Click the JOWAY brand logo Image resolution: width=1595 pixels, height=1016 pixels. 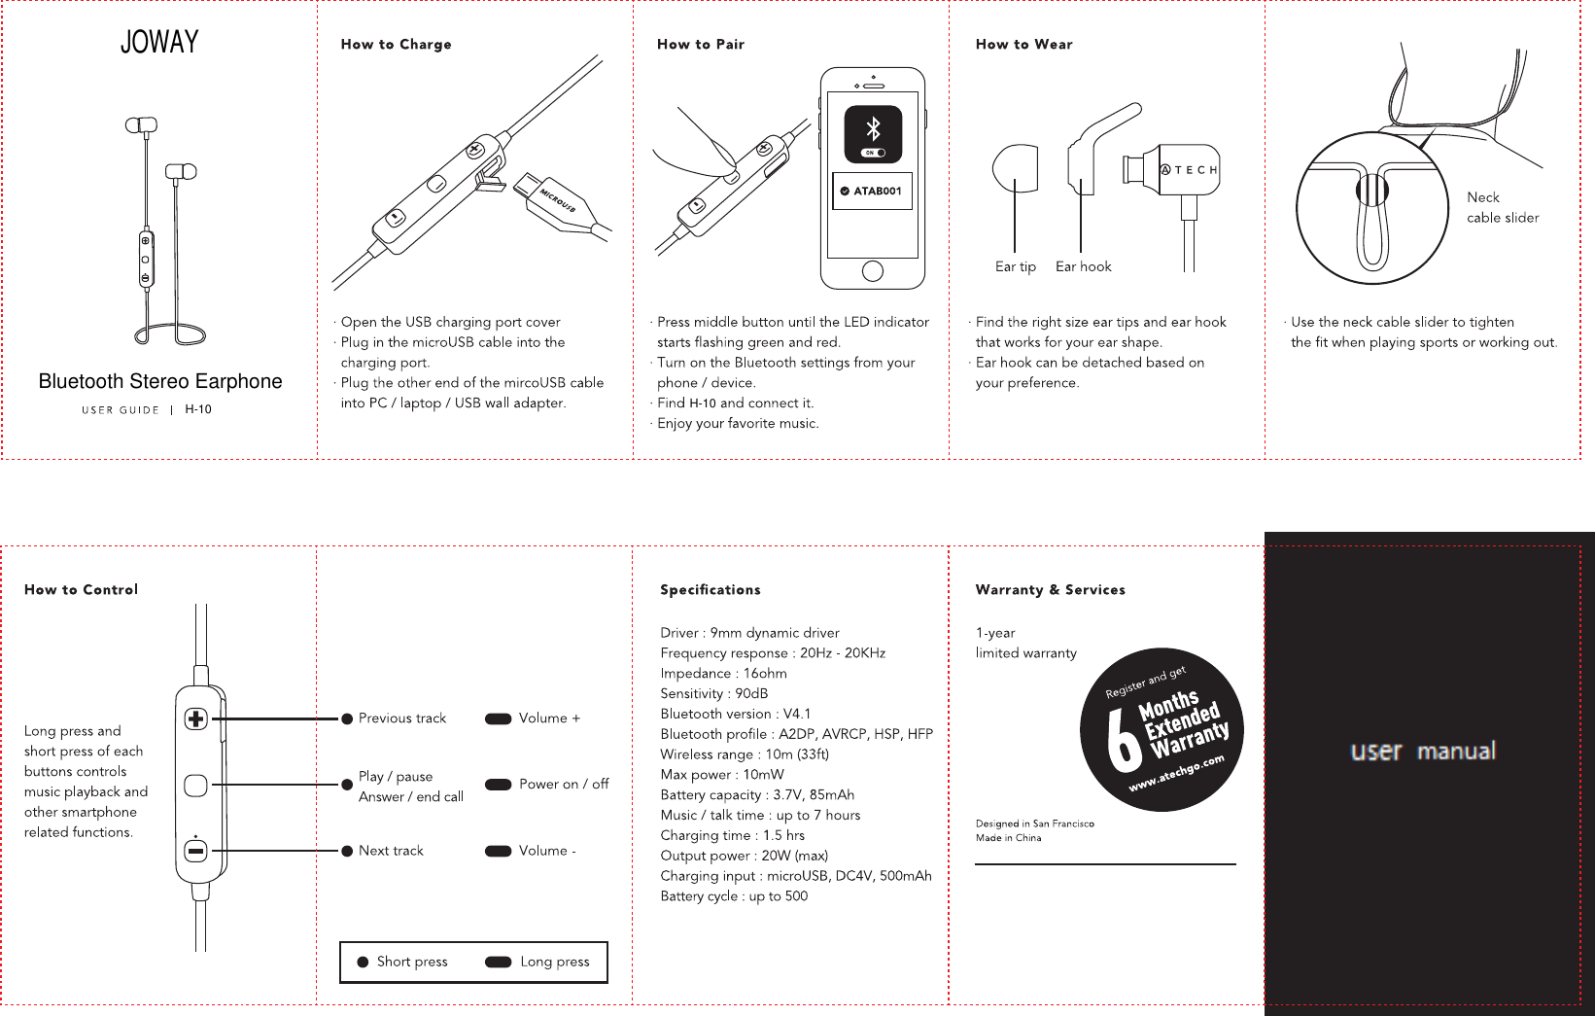(x=159, y=42)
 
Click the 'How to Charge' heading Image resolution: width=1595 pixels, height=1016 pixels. (x=396, y=45)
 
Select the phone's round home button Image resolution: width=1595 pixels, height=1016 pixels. (x=873, y=271)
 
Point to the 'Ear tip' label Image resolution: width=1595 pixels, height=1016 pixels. (x=1015, y=266)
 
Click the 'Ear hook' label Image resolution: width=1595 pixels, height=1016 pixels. (x=1083, y=266)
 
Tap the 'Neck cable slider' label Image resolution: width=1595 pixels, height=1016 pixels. (x=1502, y=207)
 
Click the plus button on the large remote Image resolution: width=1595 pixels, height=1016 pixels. (x=195, y=719)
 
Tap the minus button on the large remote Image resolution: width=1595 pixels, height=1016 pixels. (x=195, y=851)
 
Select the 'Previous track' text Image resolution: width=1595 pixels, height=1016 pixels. (x=401, y=718)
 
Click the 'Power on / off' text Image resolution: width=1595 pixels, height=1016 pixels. (x=564, y=785)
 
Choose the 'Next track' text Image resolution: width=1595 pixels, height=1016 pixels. (x=391, y=851)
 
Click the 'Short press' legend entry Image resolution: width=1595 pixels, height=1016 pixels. (x=411, y=962)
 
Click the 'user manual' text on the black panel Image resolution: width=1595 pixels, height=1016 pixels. (x=1423, y=752)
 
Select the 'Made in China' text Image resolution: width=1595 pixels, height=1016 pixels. (x=1008, y=838)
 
